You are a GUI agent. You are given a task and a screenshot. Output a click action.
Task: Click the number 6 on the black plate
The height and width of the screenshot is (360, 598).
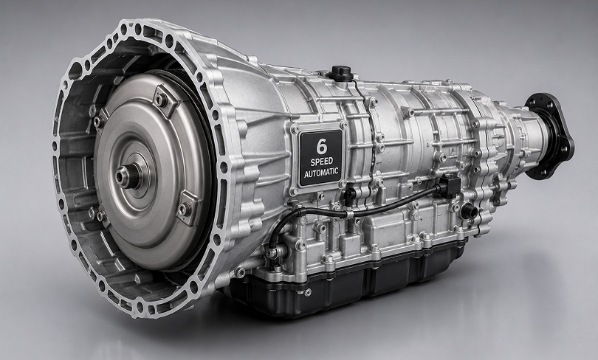pyautogui.click(x=321, y=146)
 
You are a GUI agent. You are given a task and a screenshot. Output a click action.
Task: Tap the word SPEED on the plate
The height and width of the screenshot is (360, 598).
pyautogui.click(x=321, y=162)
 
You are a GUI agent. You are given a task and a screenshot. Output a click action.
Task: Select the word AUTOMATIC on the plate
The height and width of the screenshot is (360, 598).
pyautogui.click(x=321, y=173)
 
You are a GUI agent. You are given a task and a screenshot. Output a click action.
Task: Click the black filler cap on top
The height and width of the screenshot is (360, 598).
pyautogui.click(x=340, y=73)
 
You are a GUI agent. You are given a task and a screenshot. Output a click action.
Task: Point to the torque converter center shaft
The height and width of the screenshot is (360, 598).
pyautogui.click(x=128, y=176)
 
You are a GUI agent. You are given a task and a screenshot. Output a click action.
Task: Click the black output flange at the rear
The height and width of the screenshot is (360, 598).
pyautogui.click(x=549, y=136)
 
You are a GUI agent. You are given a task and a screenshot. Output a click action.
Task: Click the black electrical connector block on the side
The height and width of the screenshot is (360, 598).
pyautogui.click(x=450, y=186)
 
